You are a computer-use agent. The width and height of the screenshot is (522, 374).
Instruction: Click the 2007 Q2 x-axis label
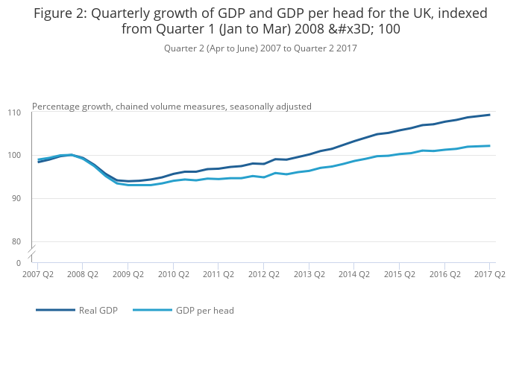click(x=37, y=274)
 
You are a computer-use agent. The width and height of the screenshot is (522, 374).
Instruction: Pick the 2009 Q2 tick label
click(x=128, y=274)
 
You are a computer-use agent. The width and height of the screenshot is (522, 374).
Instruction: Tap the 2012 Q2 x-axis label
click(x=263, y=274)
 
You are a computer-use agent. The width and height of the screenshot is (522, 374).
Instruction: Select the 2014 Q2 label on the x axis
click(x=353, y=274)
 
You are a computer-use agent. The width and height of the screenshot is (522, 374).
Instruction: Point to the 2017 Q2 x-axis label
click(x=490, y=274)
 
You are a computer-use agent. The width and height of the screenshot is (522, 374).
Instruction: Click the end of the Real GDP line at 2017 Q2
click(x=490, y=115)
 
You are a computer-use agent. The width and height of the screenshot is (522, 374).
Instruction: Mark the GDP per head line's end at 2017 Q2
click(x=490, y=146)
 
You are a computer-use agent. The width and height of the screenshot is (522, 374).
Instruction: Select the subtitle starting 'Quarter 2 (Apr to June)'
click(x=260, y=48)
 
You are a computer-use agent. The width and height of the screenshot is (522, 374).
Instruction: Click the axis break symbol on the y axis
click(x=32, y=253)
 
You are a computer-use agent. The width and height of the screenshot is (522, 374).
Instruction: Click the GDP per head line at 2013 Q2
click(x=309, y=171)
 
